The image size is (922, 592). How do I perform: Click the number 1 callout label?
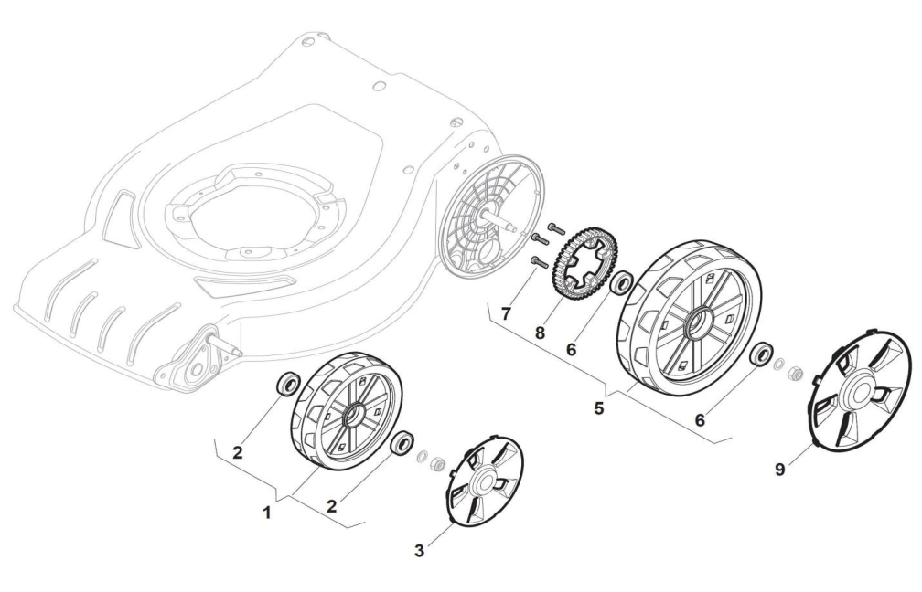tap(267, 513)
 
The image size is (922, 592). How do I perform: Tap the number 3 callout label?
tap(419, 551)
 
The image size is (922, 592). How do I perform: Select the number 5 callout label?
tap(598, 407)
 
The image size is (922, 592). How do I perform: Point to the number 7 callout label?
tap(506, 313)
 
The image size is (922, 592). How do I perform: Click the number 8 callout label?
tap(540, 333)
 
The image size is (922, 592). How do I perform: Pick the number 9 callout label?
tap(780, 470)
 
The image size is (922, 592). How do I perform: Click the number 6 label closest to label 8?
tap(572, 349)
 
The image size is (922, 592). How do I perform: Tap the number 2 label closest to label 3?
tap(332, 506)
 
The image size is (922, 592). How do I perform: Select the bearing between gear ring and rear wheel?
tap(622, 283)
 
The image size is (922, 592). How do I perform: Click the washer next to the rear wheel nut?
tap(778, 365)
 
